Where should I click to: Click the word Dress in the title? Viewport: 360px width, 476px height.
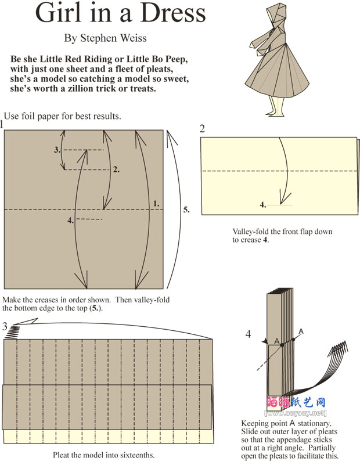pyautogui.click(x=173, y=12)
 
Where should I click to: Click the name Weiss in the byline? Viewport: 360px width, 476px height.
pyautogui.click(x=133, y=38)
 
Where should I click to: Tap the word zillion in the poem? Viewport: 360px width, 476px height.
pyautogui.click(x=85, y=89)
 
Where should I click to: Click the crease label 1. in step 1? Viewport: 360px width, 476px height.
pyautogui.click(x=156, y=204)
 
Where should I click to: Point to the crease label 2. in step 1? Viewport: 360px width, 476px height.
pyautogui.click(x=117, y=170)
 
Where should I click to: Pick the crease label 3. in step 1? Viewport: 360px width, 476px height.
pyautogui.click(x=57, y=150)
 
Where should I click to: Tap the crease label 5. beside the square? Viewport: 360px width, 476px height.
pyautogui.click(x=186, y=210)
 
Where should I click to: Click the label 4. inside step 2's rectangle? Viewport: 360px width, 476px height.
pyautogui.click(x=263, y=205)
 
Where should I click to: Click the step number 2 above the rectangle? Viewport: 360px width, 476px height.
pyautogui.click(x=202, y=129)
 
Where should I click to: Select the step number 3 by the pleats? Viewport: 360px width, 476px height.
pyautogui.click(x=5, y=326)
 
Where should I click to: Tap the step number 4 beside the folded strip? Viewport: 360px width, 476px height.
pyautogui.click(x=249, y=334)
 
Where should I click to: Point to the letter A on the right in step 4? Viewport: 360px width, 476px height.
pyautogui.click(x=301, y=331)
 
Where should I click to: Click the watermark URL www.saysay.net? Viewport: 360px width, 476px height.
pyautogui.click(x=296, y=413)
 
